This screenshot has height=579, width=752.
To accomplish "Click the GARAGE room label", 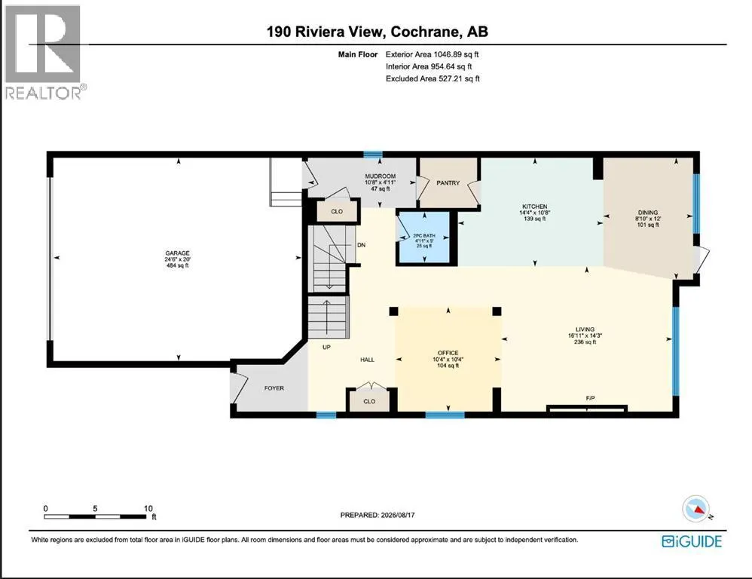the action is tap(177, 253).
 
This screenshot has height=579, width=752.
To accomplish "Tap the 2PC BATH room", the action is tap(424, 237).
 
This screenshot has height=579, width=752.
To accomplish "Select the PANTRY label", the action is tap(448, 182).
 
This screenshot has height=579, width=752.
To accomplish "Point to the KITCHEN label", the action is tap(535, 207).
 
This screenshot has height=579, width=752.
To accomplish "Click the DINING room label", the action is tap(648, 213).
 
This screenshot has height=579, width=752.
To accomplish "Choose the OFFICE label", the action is tap(448, 353).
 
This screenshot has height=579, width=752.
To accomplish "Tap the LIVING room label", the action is tap(585, 329).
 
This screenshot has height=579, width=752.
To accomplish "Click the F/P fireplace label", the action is tap(591, 398).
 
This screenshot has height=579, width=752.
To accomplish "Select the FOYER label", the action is tap(274, 388).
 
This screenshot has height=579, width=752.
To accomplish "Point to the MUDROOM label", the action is tap(381, 176).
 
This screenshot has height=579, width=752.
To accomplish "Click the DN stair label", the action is tap(361, 245).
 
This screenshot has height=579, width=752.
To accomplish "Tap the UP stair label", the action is tap(326, 347).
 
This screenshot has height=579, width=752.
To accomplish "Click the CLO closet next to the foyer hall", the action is tap(369, 402).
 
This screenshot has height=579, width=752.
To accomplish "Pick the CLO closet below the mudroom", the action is tap(337, 212).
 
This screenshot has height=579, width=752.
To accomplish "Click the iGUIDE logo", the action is tap(692, 541).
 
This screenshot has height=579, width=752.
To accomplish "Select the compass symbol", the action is tap(696, 509).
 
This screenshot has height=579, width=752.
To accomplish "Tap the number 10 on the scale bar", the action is tap(148, 508).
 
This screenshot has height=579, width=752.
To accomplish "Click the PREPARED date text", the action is tap(378, 515).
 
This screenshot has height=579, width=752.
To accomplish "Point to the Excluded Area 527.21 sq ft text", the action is tap(433, 78).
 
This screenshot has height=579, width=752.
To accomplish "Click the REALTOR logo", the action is tap(45, 52).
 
